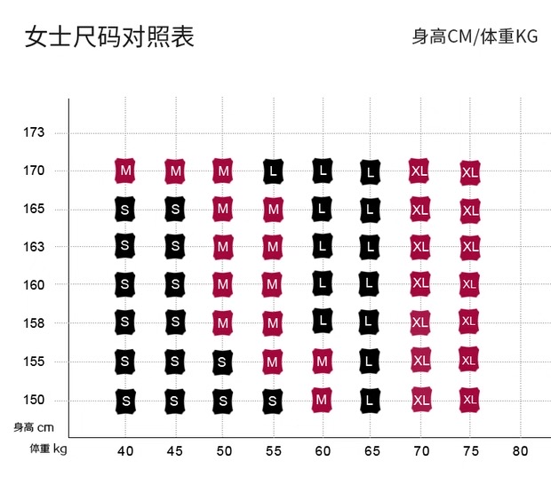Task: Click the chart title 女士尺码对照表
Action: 109,36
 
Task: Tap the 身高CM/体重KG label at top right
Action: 475,36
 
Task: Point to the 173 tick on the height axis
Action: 34,132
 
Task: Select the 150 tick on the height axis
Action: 34,400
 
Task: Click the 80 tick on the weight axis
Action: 520,450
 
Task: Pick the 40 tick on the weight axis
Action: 125,450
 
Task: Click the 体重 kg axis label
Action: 48,448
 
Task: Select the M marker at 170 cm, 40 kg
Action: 125,170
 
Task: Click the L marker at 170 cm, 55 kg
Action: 273,170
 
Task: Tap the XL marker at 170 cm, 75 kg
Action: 470,171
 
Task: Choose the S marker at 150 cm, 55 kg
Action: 273,401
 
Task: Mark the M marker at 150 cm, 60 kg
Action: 322,401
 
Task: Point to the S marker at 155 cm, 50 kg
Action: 223,362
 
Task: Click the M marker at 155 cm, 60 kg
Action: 322,362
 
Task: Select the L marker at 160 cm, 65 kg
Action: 371,284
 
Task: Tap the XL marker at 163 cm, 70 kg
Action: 420,246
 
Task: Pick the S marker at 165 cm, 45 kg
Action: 175,209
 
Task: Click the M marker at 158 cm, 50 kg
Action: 223,323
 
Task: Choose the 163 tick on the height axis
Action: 34,246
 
